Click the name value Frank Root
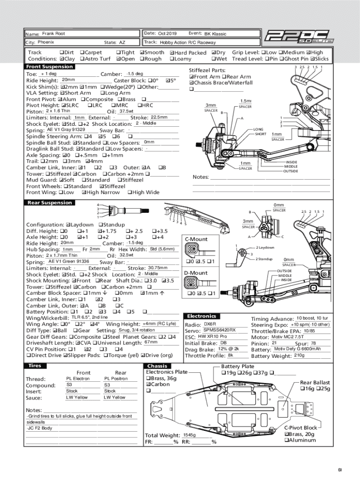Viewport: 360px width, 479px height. (x=53, y=34)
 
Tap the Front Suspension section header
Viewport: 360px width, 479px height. (x=49, y=67)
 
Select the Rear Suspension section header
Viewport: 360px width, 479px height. (x=49, y=203)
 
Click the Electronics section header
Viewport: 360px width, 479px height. (x=202, y=316)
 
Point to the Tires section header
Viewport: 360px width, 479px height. (x=36, y=365)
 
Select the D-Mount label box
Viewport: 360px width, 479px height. (x=196, y=273)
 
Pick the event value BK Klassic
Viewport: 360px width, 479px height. (x=215, y=34)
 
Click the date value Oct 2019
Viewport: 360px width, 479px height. (x=167, y=34)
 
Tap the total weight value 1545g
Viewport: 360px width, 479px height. (x=189, y=435)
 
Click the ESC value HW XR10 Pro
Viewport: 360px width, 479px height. (x=212, y=336)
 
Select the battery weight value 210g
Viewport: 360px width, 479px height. (x=299, y=356)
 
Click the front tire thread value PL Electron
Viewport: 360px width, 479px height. (x=78, y=378)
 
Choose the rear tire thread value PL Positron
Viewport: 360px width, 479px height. (x=115, y=378)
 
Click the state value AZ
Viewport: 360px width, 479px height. (x=122, y=42)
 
